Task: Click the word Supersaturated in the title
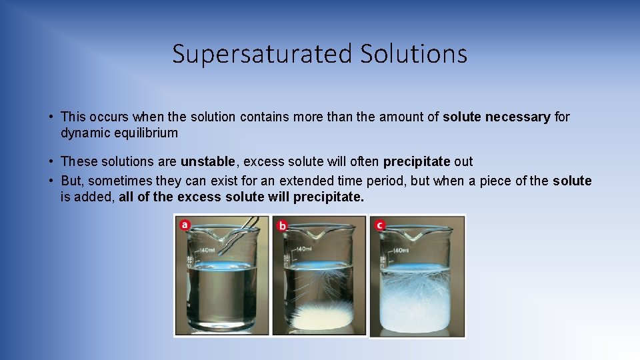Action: tap(262, 54)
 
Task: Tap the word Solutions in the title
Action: tap(413, 54)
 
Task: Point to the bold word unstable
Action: tap(207, 161)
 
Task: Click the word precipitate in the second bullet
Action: tap(417, 161)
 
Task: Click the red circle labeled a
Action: tap(185, 225)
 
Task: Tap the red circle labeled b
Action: tap(282, 226)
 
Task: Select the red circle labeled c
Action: tap(379, 225)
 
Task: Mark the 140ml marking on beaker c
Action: tap(401, 251)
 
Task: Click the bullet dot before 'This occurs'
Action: tap(51, 117)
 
